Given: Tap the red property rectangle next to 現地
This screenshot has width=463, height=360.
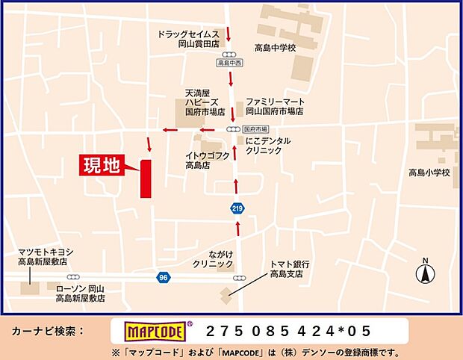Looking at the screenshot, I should tap(146, 179).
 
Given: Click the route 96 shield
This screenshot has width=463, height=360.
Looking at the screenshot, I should tap(164, 277).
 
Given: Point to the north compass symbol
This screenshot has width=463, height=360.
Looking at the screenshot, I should tap(426, 273).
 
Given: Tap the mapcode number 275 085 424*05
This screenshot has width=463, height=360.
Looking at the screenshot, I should tap(288, 331).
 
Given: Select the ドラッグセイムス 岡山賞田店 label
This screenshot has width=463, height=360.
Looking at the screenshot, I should tap(188, 40).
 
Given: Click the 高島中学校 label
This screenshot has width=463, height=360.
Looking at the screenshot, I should tap(275, 48).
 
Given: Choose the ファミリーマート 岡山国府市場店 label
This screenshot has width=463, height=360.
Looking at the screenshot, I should tap(274, 106).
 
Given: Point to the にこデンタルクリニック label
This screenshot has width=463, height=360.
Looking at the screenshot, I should tap(267, 146).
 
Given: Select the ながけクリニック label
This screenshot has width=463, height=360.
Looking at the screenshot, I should tap(213, 259).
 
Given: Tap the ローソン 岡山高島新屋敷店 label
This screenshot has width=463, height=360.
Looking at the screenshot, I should tap(80, 293).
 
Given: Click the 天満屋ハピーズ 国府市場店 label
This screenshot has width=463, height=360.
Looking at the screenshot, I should tap(203, 104).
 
